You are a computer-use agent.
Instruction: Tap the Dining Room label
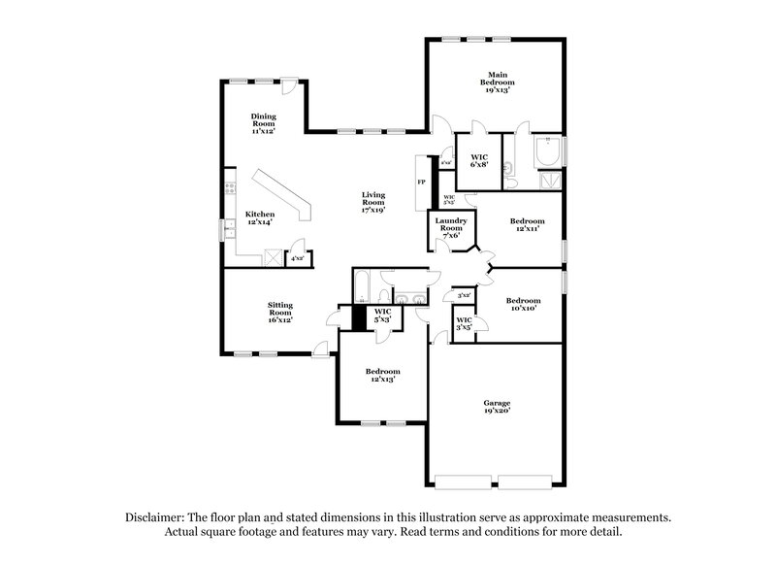tap(263, 122)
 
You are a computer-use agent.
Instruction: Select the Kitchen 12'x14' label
tap(259, 217)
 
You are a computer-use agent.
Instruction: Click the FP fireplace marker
tap(421, 182)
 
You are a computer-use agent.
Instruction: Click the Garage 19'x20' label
tap(497, 406)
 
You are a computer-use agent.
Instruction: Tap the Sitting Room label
tap(280, 312)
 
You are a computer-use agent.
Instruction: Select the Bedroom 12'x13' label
tap(382, 376)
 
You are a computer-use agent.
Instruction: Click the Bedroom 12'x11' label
tap(525, 225)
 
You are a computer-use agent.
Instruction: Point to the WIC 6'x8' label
tap(479, 161)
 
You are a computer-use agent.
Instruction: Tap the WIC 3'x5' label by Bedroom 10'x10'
tap(464, 323)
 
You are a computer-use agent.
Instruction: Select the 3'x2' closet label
tap(464, 294)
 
